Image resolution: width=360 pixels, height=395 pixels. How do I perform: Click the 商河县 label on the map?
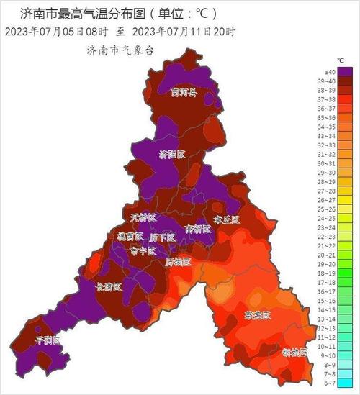coord(184,91)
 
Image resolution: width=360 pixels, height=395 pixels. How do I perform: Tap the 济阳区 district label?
coord(172,154)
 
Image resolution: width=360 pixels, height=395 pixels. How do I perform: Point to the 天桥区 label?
coord(143,217)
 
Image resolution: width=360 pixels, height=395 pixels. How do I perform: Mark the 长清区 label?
coord(109,286)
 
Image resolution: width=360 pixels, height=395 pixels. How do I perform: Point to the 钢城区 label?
coord(294,352)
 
